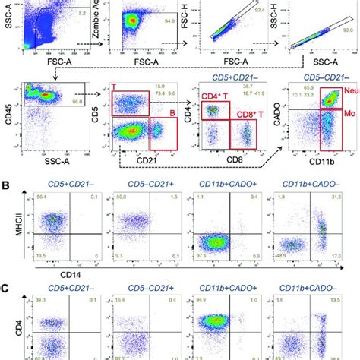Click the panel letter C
pyautogui.click(x=7, y=291)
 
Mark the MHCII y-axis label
pyautogui.click(x=9, y=232)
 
